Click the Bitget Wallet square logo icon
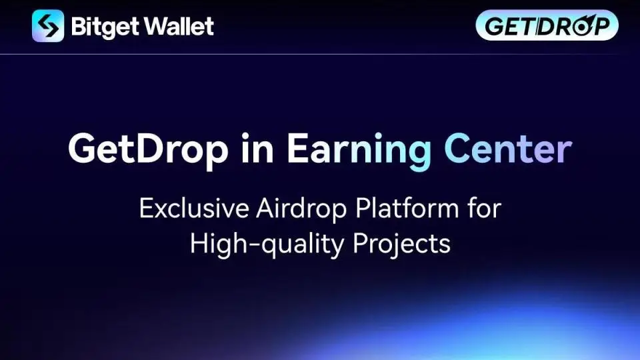pos(48,26)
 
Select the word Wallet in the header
pos(179,26)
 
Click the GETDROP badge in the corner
pos(547,25)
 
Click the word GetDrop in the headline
pos(148,149)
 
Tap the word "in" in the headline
pos(257,148)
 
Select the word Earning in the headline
pos(359,150)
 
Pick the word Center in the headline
pos(508,148)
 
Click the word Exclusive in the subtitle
pos(194,208)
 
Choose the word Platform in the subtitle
pos(407,208)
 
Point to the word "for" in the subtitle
pos(484,208)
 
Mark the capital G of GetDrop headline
pos(84,148)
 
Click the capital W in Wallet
pos(158,27)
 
